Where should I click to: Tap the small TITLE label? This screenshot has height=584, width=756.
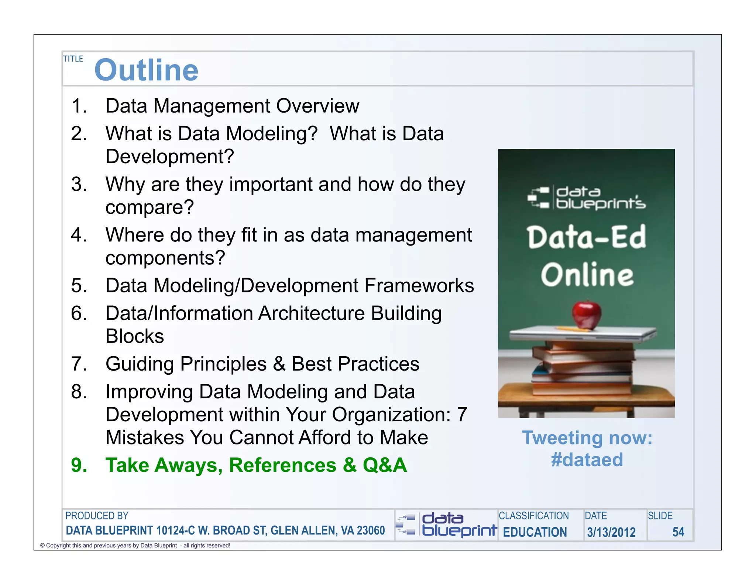73,59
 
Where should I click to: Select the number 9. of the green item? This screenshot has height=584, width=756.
79,465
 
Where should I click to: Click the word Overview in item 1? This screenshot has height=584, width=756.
317,106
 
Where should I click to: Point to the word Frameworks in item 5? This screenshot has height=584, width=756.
419,285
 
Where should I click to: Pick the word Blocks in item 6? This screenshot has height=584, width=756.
135,336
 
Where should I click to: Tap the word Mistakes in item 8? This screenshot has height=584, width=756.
144,438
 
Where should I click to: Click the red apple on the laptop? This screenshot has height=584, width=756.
587,315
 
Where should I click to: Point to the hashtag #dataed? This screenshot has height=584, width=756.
587,460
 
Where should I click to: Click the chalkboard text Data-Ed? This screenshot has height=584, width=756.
587,237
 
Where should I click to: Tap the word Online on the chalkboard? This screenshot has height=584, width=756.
587,275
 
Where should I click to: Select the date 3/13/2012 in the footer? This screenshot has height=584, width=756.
611,532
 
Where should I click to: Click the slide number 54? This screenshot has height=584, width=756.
678,532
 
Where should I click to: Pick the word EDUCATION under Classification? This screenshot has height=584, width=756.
535,532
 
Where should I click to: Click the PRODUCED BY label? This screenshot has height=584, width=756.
97,516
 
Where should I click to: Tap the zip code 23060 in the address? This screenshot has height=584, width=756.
371,530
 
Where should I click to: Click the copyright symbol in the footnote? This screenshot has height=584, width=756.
42,546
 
